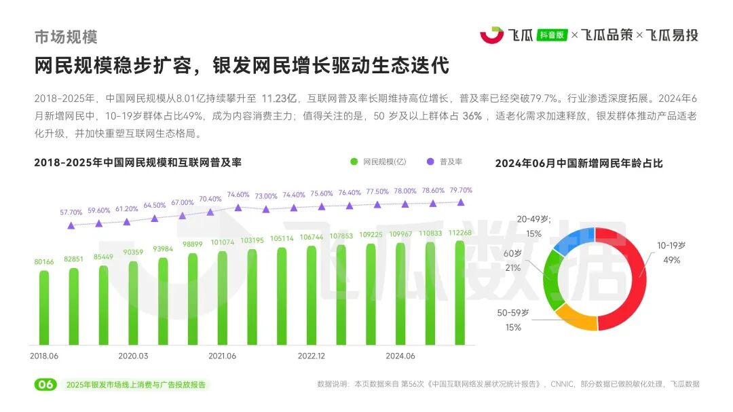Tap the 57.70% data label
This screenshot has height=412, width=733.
coord(71,212)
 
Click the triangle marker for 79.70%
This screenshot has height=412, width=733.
coord(461,202)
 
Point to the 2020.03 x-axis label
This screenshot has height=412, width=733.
coord(133,356)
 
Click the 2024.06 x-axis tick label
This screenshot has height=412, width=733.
coord(400,356)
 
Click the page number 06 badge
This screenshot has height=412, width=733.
coord(45,385)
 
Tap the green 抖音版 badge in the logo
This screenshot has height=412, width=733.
coord(551,35)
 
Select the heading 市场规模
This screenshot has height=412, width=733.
coord(66,36)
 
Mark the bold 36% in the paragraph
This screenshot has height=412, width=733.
coord(472,116)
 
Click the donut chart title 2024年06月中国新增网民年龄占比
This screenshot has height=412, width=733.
coord(578,163)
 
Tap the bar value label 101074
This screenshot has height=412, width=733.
coord(223,242)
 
